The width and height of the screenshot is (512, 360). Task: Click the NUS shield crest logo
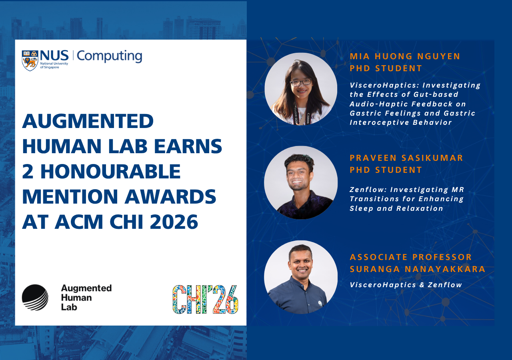pyautogui.click(x=30, y=60)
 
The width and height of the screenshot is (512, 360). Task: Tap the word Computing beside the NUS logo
pyautogui.click(x=109, y=56)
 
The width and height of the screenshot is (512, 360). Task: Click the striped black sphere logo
pyautogui.click(x=35, y=297)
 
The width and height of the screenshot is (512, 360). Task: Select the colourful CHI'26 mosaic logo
pyautogui.click(x=205, y=300)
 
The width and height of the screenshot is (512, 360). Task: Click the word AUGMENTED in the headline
pyautogui.click(x=88, y=121)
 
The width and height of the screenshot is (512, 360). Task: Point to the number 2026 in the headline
pyautogui.click(x=174, y=222)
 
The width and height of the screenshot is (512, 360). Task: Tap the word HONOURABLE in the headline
pyautogui.click(x=111, y=172)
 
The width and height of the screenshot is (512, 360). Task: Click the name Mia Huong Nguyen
pyautogui.click(x=405, y=56)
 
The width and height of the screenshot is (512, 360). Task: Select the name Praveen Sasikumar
pyautogui.click(x=406, y=158)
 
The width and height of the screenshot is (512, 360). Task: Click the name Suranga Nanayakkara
pyautogui.click(x=418, y=269)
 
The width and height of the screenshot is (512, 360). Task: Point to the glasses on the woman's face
pyautogui.click(x=301, y=82)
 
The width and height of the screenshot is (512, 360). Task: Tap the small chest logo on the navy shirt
pyautogui.click(x=320, y=304)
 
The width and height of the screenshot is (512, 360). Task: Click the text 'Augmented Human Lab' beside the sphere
pyautogui.click(x=86, y=298)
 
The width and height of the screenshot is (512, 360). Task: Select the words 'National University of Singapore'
pyautogui.click(x=54, y=65)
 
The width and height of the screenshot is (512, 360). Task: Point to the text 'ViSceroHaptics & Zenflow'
pyautogui.click(x=406, y=285)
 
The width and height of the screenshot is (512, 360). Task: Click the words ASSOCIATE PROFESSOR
pyautogui.click(x=411, y=257)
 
